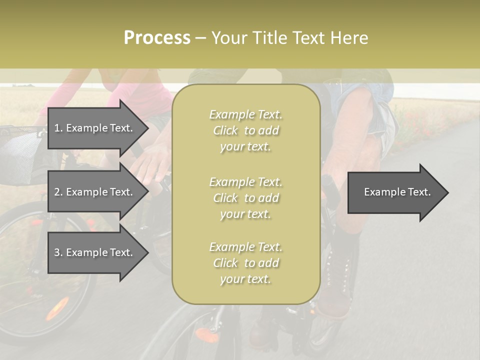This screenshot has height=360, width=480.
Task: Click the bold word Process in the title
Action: point(157,37)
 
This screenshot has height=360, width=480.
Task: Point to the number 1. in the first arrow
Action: point(58,128)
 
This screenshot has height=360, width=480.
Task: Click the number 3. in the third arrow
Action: point(58,252)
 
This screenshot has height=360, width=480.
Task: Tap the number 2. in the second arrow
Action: point(58,192)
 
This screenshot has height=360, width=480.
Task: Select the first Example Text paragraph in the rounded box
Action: point(245,130)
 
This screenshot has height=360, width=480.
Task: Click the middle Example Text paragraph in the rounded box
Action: point(245,198)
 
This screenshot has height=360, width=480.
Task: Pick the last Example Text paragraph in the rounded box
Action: point(245,263)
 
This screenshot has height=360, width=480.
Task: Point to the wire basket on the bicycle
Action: point(22,155)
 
